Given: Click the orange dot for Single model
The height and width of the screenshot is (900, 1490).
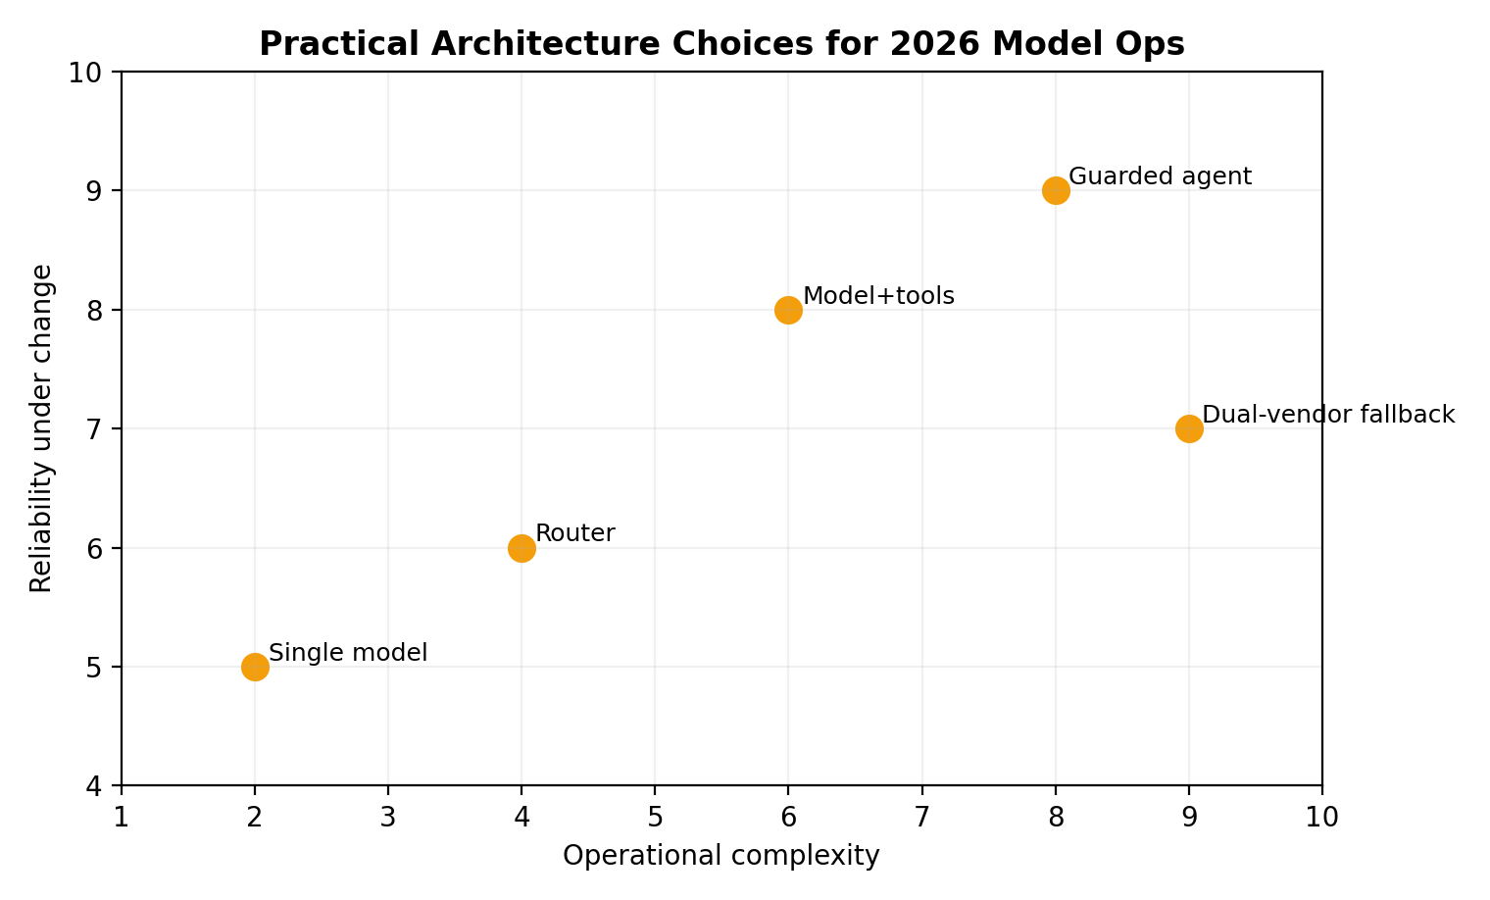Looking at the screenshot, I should click(x=255, y=667).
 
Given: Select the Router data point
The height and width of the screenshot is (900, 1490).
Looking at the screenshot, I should click(x=521, y=548).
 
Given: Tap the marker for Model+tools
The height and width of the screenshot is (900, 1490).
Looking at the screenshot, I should click(x=788, y=310).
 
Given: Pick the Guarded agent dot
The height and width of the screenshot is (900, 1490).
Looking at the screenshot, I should click(x=1056, y=190).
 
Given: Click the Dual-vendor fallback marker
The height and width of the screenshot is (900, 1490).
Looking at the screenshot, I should click(x=1189, y=428).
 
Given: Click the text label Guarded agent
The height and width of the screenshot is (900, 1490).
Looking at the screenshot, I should click(x=1160, y=176).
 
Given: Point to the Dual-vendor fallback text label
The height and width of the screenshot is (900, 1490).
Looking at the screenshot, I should click(x=1328, y=415).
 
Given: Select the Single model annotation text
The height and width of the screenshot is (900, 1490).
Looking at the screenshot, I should click(x=348, y=653).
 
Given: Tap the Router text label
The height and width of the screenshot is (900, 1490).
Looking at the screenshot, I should click(x=575, y=534).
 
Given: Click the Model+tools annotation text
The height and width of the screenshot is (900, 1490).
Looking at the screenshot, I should click(x=878, y=296).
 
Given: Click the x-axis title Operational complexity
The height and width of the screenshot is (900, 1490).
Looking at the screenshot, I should click(x=721, y=856).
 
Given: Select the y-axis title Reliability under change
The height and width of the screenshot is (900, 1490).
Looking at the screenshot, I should click(x=41, y=428).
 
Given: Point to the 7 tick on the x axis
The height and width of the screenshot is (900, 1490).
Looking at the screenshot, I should click(x=922, y=817).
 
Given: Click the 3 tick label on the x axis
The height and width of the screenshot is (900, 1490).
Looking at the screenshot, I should click(x=388, y=817).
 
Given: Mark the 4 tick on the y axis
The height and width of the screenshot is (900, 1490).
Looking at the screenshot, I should click(x=99, y=786).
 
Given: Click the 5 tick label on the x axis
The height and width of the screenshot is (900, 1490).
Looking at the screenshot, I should click(x=655, y=817).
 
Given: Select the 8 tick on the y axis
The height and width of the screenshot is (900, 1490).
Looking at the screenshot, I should click(x=99, y=311).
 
